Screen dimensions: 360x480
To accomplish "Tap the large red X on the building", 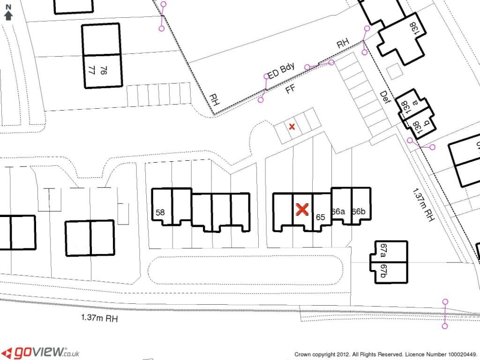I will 302,210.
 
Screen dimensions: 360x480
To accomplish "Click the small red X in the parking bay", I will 292,127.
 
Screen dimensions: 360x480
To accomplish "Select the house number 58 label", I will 160,212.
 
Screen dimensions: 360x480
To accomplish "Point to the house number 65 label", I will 321,217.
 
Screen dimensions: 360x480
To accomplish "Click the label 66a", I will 337,211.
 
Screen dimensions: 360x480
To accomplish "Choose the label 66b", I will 358,211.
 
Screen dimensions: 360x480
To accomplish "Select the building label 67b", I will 383,272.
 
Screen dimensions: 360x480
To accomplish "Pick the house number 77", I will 92,70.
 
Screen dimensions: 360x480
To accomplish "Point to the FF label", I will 291,89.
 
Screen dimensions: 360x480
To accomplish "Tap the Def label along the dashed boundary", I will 385,97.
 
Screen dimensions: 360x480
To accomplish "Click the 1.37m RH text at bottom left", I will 99,318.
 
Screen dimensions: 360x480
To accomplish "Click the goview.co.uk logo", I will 40,352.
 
